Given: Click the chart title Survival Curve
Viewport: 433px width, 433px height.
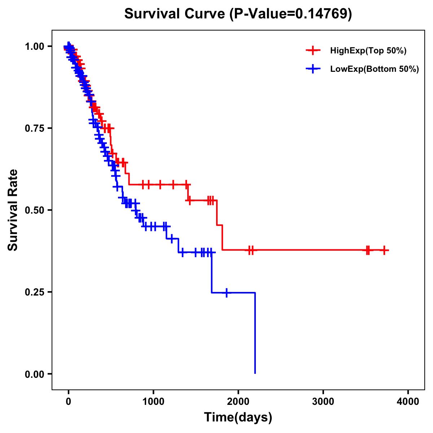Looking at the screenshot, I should click(x=175, y=14).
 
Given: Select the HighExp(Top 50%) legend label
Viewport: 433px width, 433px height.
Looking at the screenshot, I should click(x=368, y=51).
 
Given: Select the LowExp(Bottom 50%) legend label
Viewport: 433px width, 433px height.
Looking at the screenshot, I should click(x=374, y=69).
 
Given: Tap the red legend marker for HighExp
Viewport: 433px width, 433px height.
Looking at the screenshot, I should click(x=313, y=51).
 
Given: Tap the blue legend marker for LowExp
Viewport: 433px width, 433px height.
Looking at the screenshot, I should click(x=313, y=69).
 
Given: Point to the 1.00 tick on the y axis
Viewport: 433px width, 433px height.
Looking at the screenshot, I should click(x=35, y=46).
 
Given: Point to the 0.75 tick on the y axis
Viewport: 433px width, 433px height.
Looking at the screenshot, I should click(x=35, y=128).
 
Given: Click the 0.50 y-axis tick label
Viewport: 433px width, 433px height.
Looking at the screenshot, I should click(x=35, y=210).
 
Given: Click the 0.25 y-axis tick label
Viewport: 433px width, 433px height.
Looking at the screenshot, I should click(x=35, y=292).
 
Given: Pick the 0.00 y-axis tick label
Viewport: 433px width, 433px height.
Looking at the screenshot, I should click(x=35, y=374).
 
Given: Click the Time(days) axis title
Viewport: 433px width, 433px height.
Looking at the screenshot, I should click(x=238, y=417).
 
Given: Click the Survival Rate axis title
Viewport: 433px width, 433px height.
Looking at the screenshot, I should click(x=13, y=210).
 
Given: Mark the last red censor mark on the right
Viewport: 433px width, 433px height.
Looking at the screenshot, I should click(x=385, y=250).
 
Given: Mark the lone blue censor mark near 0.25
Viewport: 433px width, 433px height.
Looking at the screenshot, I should click(x=227, y=293).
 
